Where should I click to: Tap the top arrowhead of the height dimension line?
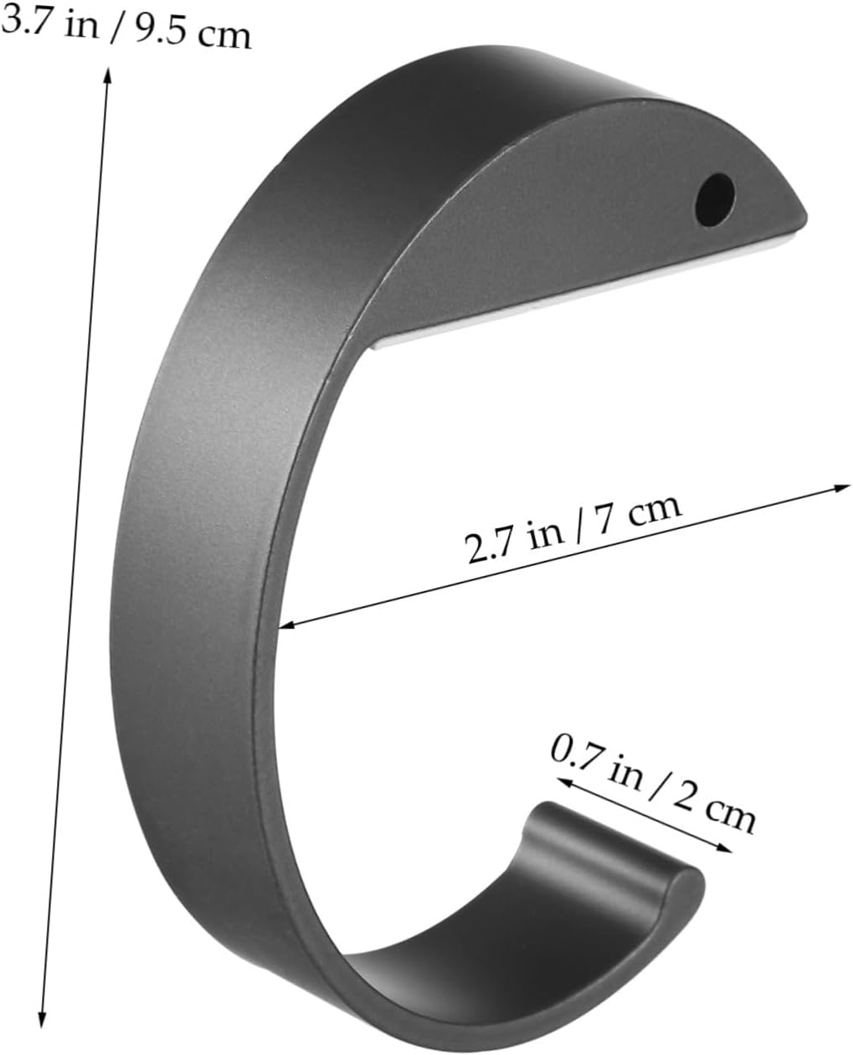(107, 74)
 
